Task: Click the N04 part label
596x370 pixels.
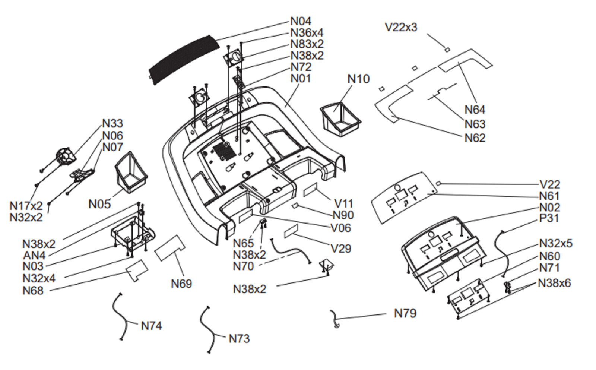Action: pos(301,21)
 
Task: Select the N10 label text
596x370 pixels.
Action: pos(358,79)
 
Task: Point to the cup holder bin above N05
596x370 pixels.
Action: pos(131,172)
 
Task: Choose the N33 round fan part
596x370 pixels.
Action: pos(66,156)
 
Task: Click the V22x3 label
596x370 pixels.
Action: pos(401,28)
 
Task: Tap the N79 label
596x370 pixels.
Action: pos(405,313)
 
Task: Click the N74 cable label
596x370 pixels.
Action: pos(151,326)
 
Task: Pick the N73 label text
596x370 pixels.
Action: pos(239,339)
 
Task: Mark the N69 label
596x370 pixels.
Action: pos(181,284)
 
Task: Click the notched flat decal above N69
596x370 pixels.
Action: pos(170,247)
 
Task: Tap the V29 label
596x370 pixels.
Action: pos(341,249)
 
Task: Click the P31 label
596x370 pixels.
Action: pos(549,218)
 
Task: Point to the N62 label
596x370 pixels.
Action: pos(475,138)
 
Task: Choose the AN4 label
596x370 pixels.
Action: pos(34,256)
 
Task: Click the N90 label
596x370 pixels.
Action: pos(343,215)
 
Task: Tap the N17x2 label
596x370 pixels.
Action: pos(26,206)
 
